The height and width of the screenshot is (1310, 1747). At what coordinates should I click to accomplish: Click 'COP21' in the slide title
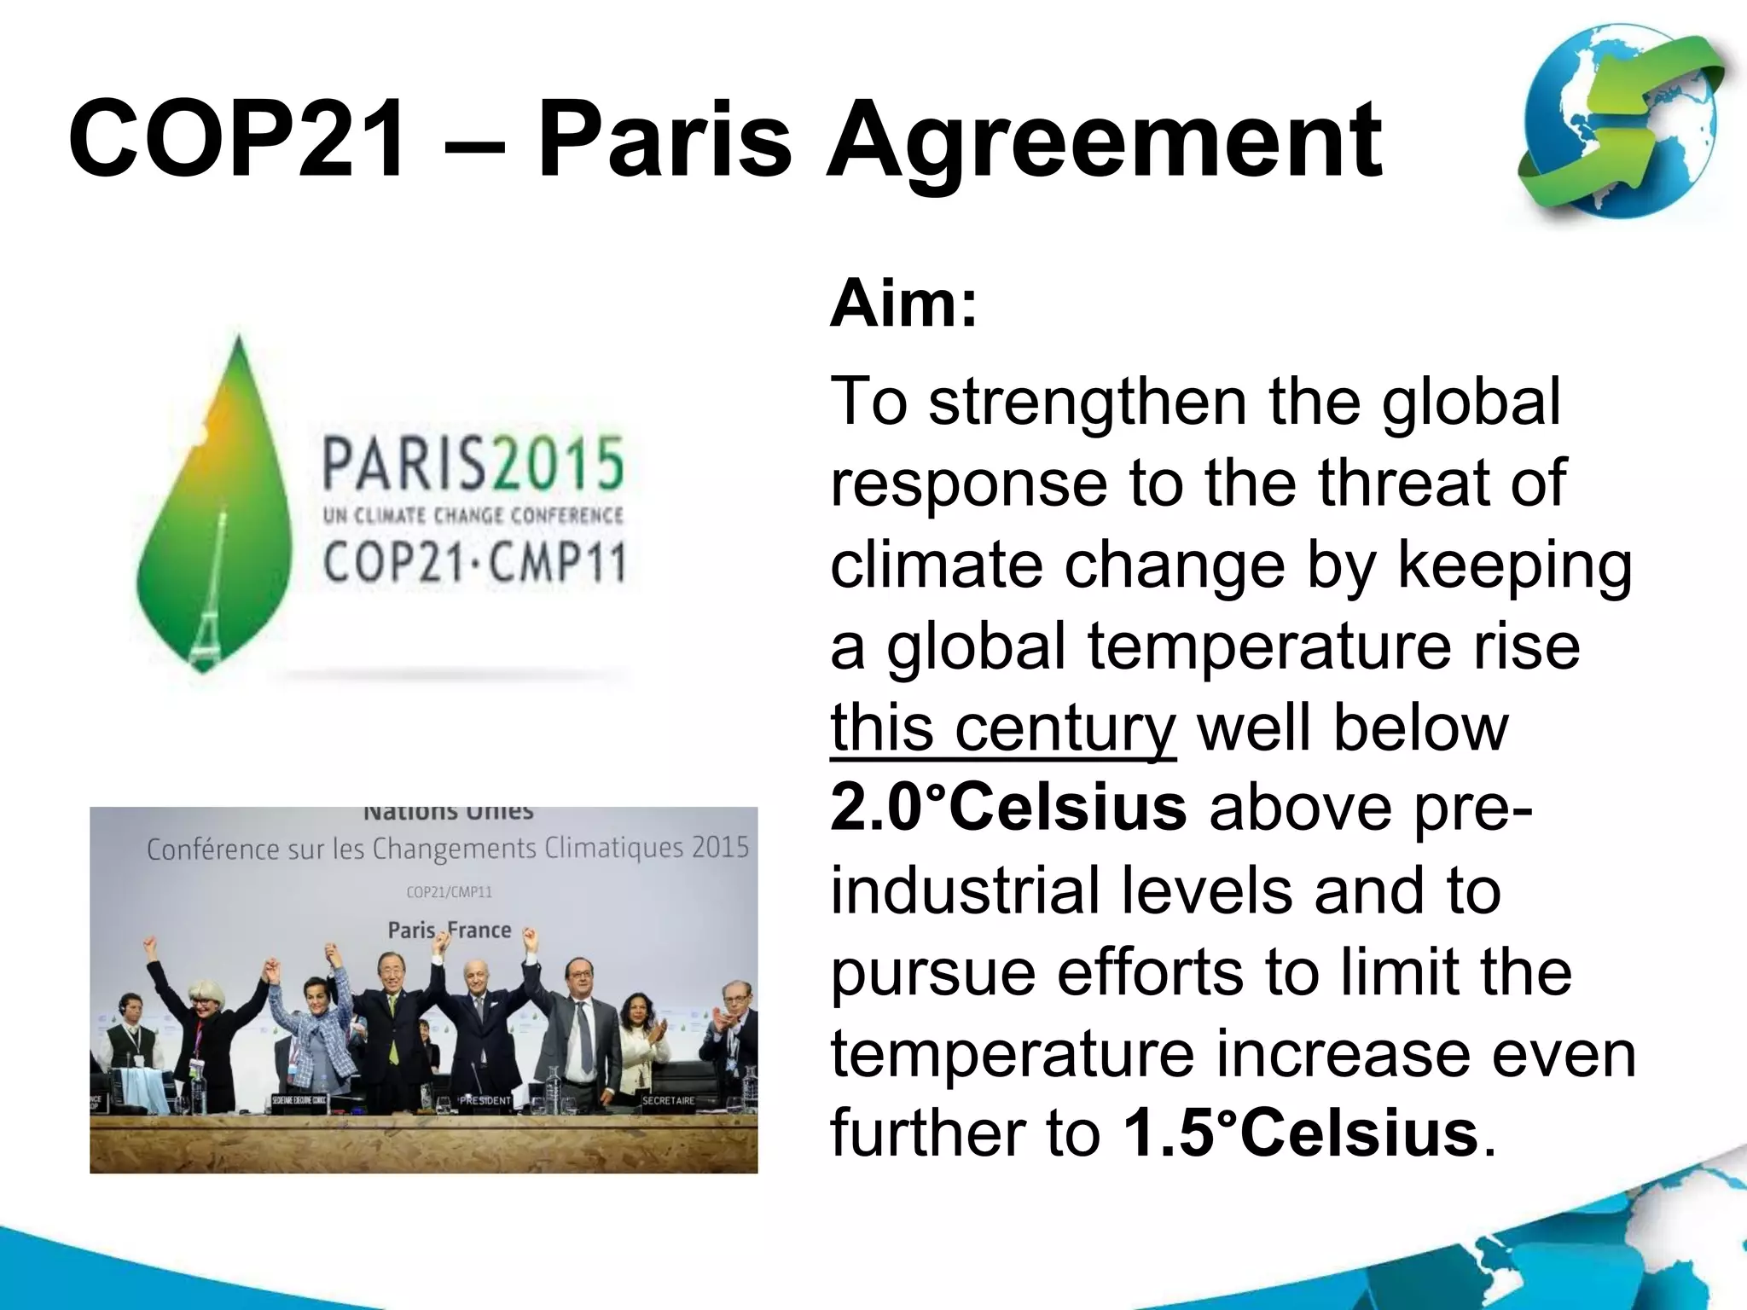click(x=236, y=139)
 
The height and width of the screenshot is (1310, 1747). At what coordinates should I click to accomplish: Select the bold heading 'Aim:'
click(x=903, y=304)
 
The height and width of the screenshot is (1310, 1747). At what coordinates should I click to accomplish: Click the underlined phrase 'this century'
click(x=1002, y=728)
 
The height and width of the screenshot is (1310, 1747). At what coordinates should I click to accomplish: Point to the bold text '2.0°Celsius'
click(x=1007, y=808)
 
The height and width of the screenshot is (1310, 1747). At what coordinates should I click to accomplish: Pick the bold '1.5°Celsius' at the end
click(x=1301, y=1133)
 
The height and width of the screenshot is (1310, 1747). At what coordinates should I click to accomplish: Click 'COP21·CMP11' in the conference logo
click(x=474, y=564)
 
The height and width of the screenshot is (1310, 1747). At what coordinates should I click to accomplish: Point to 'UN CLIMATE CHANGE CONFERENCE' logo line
click(x=473, y=516)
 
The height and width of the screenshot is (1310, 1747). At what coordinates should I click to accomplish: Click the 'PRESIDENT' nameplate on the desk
click(x=485, y=1100)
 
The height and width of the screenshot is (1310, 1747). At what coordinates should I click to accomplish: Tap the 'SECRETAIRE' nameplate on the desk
click(x=668, y=1100)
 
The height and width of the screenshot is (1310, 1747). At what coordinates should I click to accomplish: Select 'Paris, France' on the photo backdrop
click(x=450, y=930)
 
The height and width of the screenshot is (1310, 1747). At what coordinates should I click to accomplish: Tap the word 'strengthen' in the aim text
click(x=1088, y=403)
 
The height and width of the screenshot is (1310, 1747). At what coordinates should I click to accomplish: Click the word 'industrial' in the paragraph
click(x=965, y=890)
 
